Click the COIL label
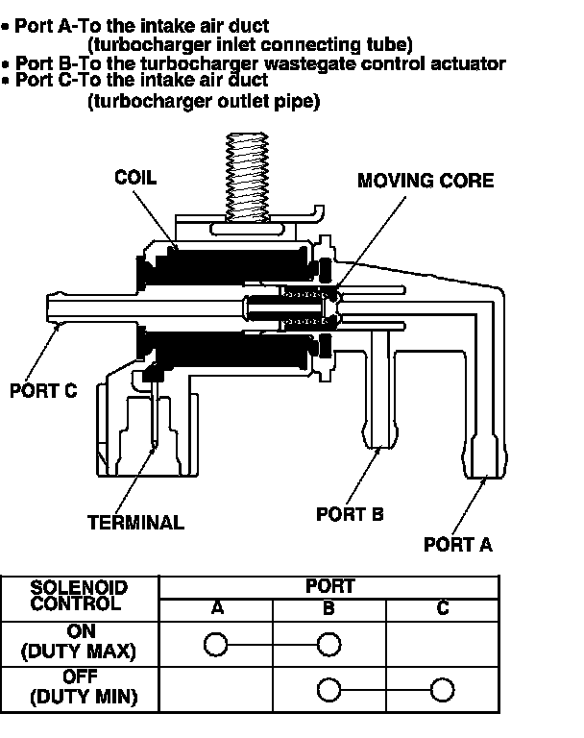pos(134,178)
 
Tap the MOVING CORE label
pos(426,181)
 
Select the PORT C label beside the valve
pos(42,391)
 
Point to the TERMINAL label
pos(135,523)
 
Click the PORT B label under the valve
pos(350,514)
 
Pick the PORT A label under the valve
pos(458,544)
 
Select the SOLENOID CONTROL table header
pos(80,596)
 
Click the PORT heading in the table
pos(329,586)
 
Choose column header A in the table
pos(217,608)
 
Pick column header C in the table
pos(442,608)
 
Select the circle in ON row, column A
pos(217,643)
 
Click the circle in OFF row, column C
pos(442,690)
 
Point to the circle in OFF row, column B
pos(329,690)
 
